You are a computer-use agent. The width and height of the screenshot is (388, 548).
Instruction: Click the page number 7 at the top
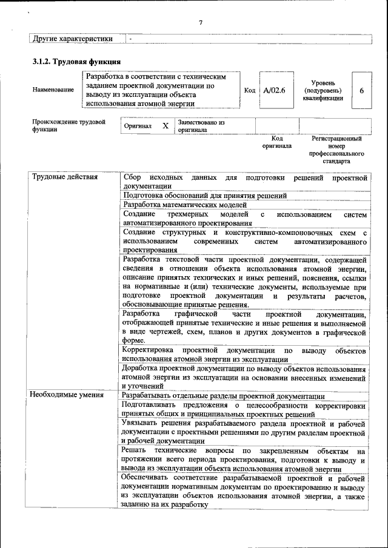click(x=200, y=23)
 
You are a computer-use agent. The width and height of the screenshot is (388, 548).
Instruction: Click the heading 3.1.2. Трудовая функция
click(x=76, y=62)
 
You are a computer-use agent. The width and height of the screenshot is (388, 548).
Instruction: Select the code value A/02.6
click(x=275, y=90)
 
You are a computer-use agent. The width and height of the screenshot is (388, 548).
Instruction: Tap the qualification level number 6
click(x=361, y=90)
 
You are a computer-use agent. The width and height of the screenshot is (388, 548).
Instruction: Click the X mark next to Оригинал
click(x=165, y=126)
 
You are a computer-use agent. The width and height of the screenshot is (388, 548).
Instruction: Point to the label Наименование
click(x=53, y=90)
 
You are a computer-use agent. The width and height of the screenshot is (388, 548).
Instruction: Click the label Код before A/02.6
click(x=249, y=90)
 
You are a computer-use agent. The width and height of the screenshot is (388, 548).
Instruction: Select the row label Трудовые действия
click(x=64, y=177)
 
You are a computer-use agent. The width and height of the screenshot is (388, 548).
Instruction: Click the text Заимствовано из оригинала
click(x=201, y=126)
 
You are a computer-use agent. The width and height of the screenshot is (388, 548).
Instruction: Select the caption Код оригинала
click(x=276, y=142)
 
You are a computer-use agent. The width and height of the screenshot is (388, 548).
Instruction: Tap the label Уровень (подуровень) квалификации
click(x=324, y=90)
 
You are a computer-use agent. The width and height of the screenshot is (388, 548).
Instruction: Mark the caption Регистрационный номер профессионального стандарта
click(x=336, y=150)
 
